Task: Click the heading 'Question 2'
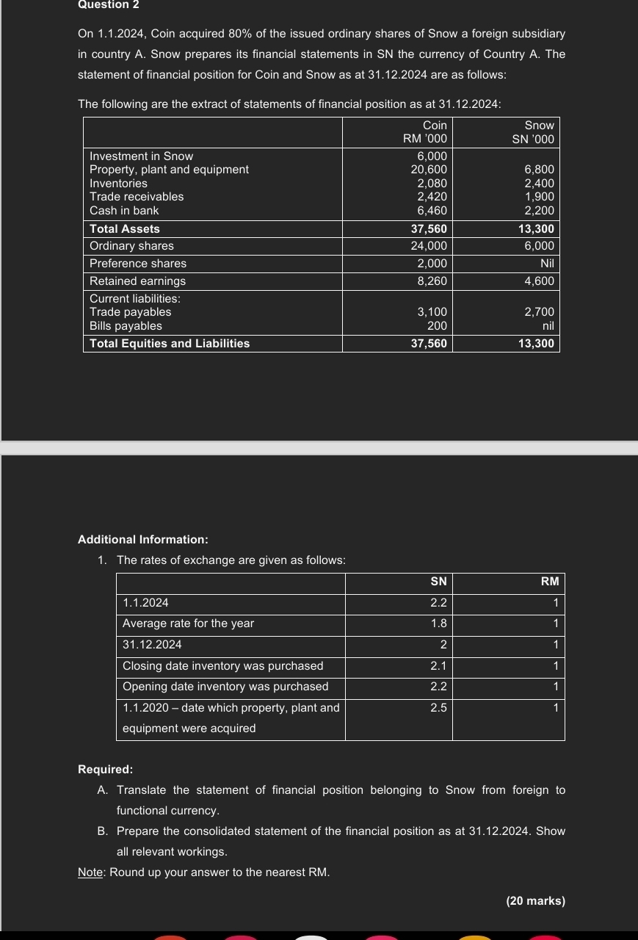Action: coord(109,5)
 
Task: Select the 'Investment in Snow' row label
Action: coord(141,156)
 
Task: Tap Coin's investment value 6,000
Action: coord(432,156)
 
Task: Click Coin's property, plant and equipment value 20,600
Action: coord(429,170)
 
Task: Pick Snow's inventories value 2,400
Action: coord(539,183)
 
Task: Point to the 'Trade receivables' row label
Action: coord(137,197)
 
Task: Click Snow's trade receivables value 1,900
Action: coord(539,197)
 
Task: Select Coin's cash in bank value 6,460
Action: coord(432,210)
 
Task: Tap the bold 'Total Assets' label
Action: coord(125,228)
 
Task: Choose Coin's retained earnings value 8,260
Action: coord(432,281)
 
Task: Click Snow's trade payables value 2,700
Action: coord(539,312)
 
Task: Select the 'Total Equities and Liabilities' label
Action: coord(170,344)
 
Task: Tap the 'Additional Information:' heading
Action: coord(143,540)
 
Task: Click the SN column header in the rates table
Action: coord(438,582)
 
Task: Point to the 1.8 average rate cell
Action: coord(438,623)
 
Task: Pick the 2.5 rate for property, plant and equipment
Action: coord(438,708)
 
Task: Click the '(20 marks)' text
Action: coord(535,900)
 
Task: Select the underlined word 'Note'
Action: coord(90,872)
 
